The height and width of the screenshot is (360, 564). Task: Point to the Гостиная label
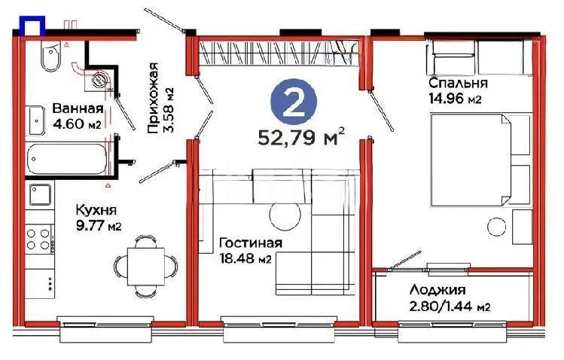(x=250, y=243)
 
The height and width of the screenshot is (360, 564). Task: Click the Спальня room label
(x=458, y=83)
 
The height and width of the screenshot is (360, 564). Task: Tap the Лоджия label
(x=437, y=290)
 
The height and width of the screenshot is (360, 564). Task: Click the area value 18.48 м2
(x=245, y=259)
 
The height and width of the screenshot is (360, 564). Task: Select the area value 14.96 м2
(x=456, y=99)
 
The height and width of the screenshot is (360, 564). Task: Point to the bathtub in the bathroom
(x=69, y=160)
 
